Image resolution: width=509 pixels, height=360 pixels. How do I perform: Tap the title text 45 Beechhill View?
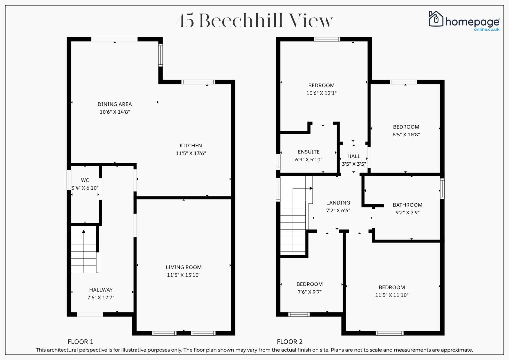point(255,20)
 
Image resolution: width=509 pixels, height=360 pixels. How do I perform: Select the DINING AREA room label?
point(115,104)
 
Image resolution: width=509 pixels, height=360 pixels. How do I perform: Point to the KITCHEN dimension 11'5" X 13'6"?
point(191,153)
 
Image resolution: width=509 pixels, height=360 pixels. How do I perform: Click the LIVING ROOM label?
point(184,267)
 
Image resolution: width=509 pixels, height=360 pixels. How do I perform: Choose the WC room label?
point(85,180)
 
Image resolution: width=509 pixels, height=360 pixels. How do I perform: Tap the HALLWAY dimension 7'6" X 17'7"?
point(101,297)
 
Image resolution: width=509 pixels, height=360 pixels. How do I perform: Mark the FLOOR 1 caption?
point(80,342)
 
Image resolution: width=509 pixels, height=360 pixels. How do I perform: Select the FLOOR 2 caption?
point(290,342)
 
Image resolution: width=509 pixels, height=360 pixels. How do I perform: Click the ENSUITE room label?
point(309,152)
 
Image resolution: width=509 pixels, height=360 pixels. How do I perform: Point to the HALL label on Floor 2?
point(354,156)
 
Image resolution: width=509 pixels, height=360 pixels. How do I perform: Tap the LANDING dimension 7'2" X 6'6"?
point(338,210)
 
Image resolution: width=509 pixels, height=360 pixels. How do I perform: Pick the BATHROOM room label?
point(407,205)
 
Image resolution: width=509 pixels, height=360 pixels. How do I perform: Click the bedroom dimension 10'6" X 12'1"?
point(321,93)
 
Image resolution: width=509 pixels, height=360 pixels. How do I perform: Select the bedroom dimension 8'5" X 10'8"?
point(406,134)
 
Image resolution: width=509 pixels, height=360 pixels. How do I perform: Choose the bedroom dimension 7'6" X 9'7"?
point(309,292)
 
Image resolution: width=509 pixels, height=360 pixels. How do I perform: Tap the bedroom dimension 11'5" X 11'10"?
point(392,295)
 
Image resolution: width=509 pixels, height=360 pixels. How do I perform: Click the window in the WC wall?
point(69,180)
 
